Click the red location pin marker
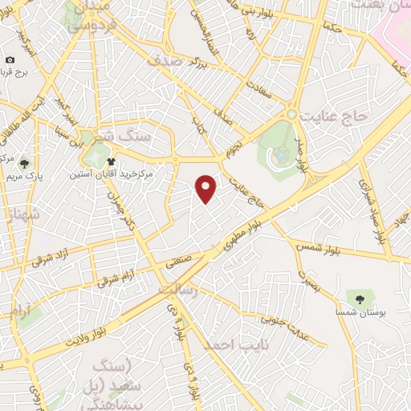coord(207,188)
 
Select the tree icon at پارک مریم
coord(24,160)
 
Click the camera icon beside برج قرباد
coord(10,60)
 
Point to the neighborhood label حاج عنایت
coord(336,116)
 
